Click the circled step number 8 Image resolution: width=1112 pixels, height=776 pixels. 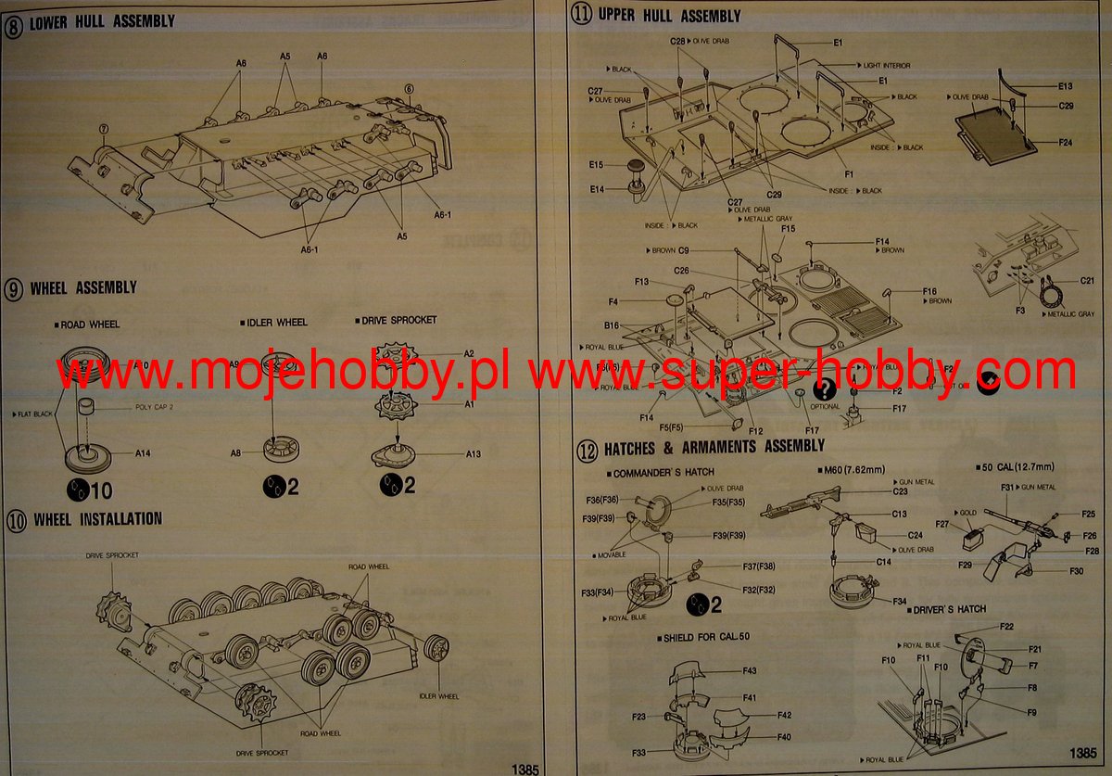coord(14,21)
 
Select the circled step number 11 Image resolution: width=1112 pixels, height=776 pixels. coord(581,14)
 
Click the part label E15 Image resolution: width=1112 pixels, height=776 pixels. coord(596,165)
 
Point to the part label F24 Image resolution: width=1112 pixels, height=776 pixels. coord(1065,143)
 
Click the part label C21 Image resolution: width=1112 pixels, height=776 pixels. coord(1087,281)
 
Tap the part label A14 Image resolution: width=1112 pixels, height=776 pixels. coord(143,453)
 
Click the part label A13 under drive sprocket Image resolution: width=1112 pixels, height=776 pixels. coord(474,453)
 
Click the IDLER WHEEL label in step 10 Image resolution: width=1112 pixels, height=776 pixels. coord(439,696)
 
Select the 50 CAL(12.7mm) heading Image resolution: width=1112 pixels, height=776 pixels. coord(1017,465)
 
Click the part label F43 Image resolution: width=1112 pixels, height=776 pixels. coord(749,670)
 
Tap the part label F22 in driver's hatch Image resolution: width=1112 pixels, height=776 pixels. coord(1006,628)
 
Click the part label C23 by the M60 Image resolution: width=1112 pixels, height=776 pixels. coord(900,492)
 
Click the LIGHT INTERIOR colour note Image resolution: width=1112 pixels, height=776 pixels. coord(886,66)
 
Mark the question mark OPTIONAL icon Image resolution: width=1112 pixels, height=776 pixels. coord(823,389)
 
